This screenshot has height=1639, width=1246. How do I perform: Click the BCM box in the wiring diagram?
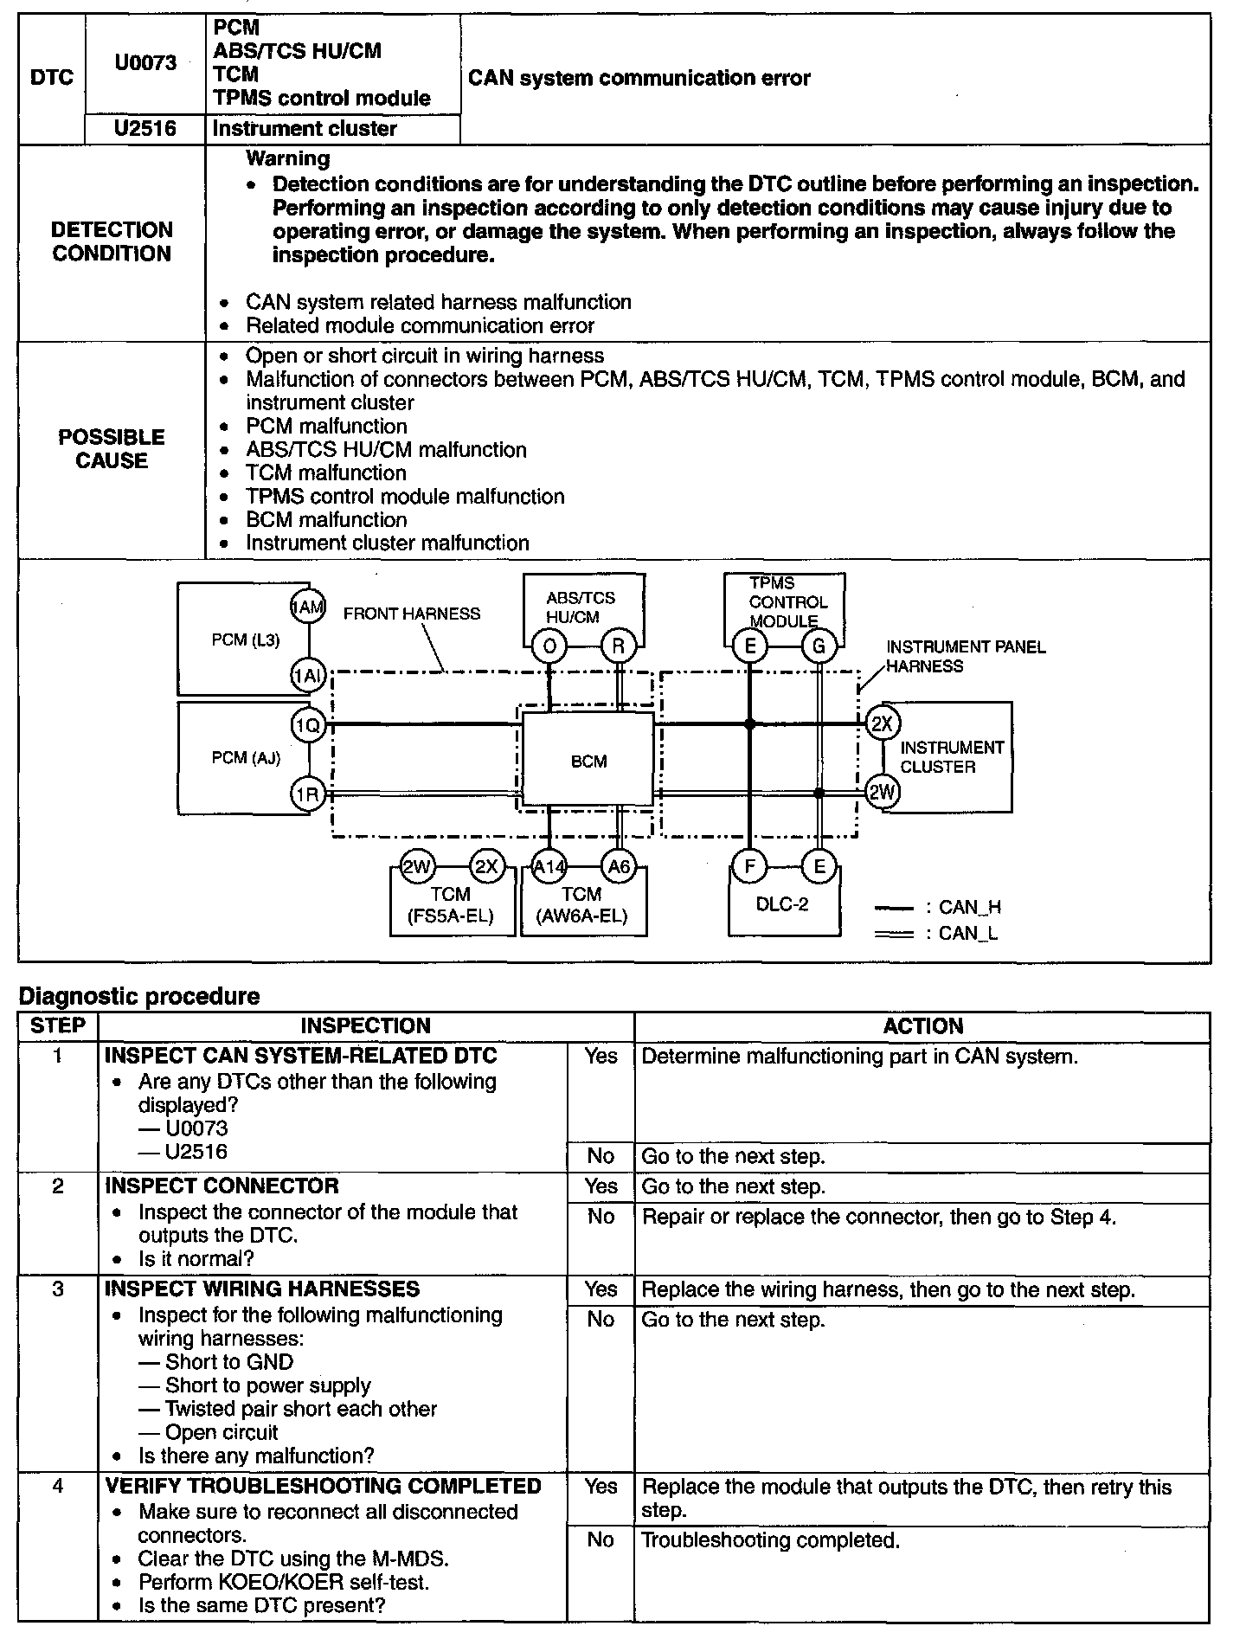588,761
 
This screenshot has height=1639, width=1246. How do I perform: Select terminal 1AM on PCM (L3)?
308,608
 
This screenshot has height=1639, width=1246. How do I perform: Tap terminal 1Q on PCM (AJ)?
308,725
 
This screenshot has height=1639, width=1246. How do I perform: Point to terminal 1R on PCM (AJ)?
308,794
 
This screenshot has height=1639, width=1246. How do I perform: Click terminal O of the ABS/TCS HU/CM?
549,646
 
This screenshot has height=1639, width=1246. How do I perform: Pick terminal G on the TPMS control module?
819,646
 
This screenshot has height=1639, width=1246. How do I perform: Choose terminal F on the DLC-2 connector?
749,866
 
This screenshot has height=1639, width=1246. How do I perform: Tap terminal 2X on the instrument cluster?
882,723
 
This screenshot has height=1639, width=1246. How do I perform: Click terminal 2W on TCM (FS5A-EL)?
417,866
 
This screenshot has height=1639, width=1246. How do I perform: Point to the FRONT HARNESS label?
411,614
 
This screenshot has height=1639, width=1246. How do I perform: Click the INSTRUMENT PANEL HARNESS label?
965,656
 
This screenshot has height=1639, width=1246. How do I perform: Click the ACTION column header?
922,1026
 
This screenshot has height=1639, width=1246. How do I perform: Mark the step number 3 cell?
58,1289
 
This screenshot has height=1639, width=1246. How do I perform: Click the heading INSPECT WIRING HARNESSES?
262,1289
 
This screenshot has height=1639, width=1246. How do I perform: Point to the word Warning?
288,158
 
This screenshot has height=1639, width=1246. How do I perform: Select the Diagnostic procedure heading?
139,996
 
